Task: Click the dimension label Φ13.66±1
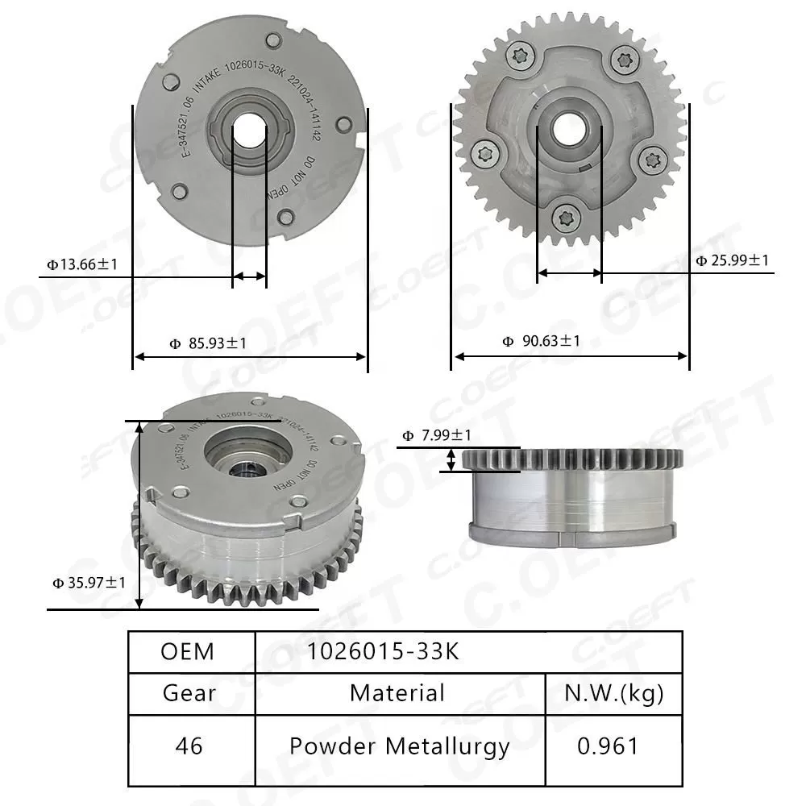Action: tap(83, 264)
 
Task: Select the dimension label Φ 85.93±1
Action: tap(208, 343)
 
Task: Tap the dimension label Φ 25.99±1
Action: tap(733, 260)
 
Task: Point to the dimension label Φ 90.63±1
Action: tap(541, 341)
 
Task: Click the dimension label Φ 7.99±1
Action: tap(436, 436)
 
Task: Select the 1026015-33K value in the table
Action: tap(382, 651)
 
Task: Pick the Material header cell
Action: tap(397, 693)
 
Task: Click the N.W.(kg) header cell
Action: tap(614, 693)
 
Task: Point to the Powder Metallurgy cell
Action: tap(399, 746)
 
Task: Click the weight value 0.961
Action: tap(608, 746)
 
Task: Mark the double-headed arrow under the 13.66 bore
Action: tap(249, 276)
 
